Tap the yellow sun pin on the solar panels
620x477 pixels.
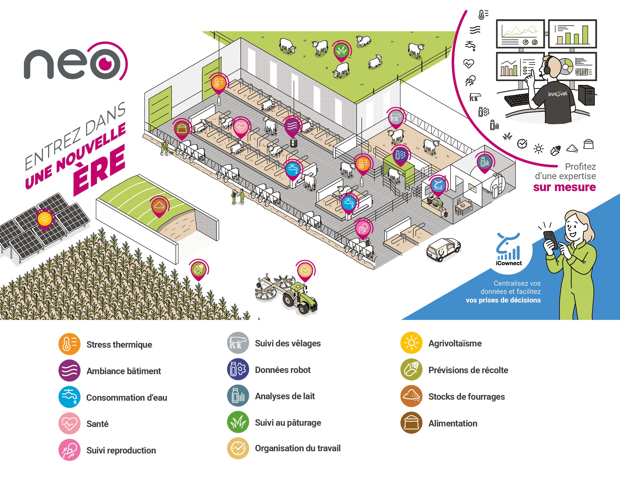(x=45, y=219)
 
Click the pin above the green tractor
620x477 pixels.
(x=305, y=270)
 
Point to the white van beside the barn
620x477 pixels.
(x=443, y=249)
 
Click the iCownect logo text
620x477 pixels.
(x=509, y=263)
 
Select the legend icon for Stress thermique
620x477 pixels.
(x=69, y=344)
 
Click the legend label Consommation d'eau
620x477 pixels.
(x=127, y=397)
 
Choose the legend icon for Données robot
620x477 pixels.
(x=238, y=369)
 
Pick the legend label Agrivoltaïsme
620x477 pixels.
(x=455, y=343)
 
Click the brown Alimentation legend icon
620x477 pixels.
(x=411, y=423)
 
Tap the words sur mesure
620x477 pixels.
(x=564, y=187)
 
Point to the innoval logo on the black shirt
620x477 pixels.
(x=558, y=94)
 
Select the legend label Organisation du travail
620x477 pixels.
(x=298, y=448)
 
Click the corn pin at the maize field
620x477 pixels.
(x=198, y=269)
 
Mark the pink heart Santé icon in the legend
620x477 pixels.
(x=69, y=423)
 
